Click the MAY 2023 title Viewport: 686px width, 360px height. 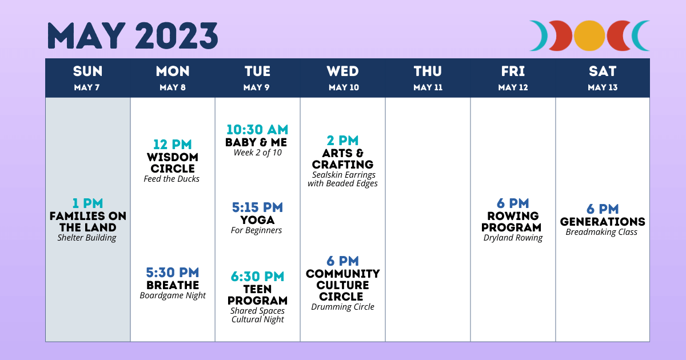(133, 35)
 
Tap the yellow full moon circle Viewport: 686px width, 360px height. (589, 35)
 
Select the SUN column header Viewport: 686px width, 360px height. (87, 71)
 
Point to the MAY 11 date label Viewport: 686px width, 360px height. (428, 87)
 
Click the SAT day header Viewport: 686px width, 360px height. (603, 71)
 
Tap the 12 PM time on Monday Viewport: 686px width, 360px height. (173, 145)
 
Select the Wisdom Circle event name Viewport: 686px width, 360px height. (173, 163)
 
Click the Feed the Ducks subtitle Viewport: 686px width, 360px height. (171, 179)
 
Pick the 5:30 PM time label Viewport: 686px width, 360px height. (173, 273)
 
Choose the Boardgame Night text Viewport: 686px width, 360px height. (173, 295)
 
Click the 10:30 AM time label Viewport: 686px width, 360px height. (257, 130)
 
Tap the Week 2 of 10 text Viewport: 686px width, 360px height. (257, 153)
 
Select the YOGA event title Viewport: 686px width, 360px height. (257, 220)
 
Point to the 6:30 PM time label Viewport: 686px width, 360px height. (257, 277)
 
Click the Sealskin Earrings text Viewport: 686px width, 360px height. (344, 175)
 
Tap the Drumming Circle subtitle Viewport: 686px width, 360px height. (342, 307)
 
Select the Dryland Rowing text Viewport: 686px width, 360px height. (513, 238)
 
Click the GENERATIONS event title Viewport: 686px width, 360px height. (603, 222)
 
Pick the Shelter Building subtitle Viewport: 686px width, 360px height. (87, 238)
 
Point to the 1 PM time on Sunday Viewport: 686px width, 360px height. (87, 203)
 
